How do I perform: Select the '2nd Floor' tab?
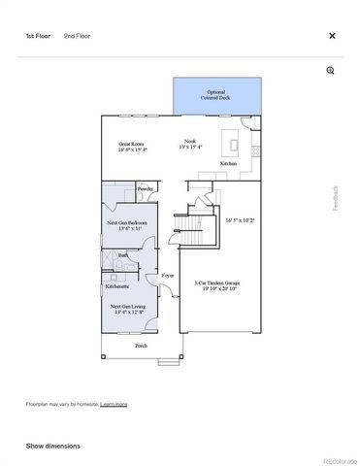point(78,36)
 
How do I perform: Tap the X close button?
point(332,36)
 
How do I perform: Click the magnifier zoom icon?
point(331,71)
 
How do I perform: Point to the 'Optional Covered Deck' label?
point(216,95)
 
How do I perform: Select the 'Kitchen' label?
point(228,164)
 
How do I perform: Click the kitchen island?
point(234,144)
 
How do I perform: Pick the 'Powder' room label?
point(146,188)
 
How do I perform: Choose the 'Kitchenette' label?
point(118,286)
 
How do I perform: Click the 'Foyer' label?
point(167,276)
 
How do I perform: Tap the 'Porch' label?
point(141,346)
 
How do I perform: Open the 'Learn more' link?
point(114,404)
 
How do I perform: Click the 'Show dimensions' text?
point(52,446)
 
